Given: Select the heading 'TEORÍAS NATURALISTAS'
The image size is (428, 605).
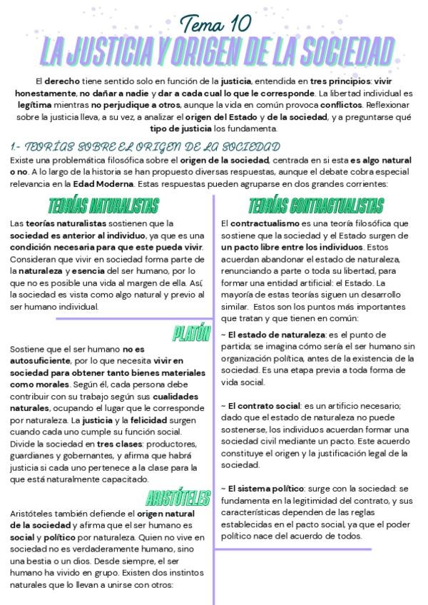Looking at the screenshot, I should click(x=104, y=206).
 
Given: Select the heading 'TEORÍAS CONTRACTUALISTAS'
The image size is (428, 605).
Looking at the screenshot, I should click(x=316, y=206).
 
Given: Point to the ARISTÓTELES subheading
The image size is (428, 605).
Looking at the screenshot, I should click(x=179, y=497).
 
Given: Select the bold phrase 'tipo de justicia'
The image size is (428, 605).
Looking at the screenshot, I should click(x=183, y=128).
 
